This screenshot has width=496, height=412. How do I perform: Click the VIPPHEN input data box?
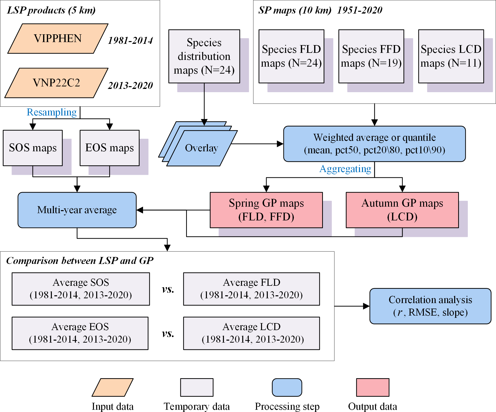58,39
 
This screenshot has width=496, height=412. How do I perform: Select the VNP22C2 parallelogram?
57,83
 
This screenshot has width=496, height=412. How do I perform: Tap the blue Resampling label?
52,112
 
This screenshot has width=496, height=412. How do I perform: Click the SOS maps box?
33,148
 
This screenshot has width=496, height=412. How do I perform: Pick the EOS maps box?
109,148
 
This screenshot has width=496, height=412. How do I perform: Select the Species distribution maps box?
204,56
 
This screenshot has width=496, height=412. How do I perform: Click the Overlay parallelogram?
202,148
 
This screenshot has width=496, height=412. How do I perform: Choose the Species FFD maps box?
371,56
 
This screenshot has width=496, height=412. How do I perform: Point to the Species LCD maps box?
451,56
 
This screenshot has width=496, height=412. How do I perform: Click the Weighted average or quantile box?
375,144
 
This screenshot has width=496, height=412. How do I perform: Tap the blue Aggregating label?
345,169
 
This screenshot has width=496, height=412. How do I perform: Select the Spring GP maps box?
266,210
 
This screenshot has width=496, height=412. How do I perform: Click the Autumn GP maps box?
402,210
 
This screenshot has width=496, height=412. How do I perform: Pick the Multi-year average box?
77,210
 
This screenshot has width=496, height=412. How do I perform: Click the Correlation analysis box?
430,306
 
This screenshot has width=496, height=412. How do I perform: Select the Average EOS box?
80,333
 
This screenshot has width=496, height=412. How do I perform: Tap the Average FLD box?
252,289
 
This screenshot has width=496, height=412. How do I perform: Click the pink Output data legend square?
373,387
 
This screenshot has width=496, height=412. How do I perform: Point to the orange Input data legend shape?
113,387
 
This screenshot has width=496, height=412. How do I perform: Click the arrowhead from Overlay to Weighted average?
280,144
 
